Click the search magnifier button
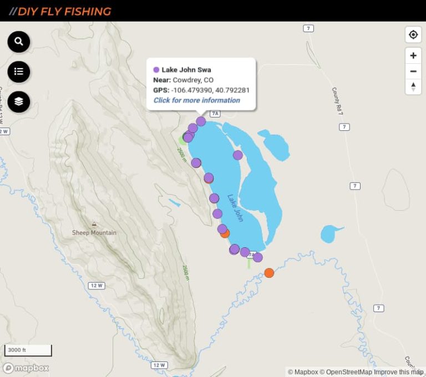(x=19, y=42)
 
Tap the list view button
(x=19, y=72)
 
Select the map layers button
(x=19, y=101)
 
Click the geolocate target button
(x=413, y=35)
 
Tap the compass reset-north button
(x=413, y=86)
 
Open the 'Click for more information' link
(x=197, y=100)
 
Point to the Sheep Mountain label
(x=94, y=232)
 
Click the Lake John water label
(x=235, y=207)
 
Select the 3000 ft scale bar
(x=28, y=350)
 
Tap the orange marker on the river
(x=269, y=273)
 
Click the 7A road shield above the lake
(x=215, y=114)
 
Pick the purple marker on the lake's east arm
(x=238, y=155)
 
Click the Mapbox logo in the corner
(x=26, y=368)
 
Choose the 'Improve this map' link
(x=398, y=372)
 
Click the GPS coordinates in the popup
(x=210, y=90)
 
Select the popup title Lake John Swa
(x=186, y=70)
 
